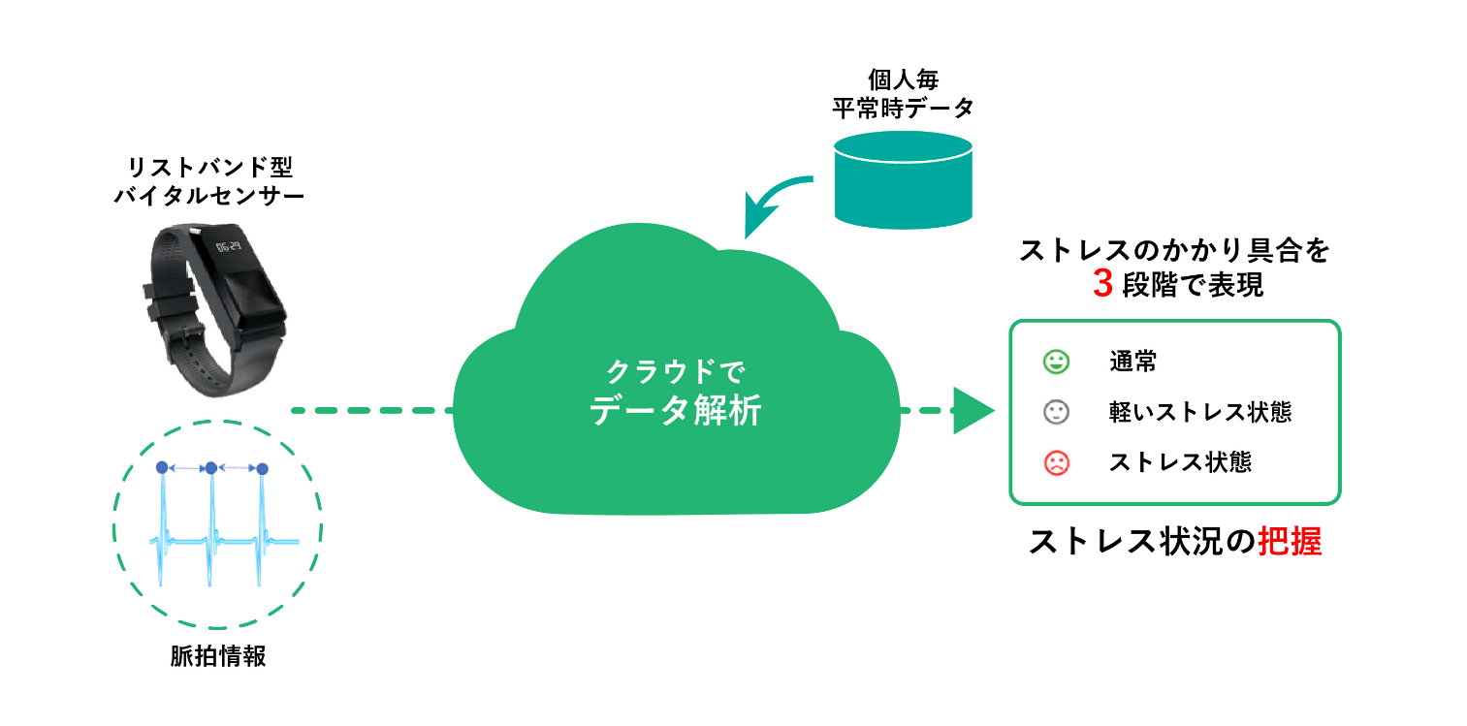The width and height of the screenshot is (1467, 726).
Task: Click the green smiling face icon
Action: [1056, 363]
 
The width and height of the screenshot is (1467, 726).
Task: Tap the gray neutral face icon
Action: [1056, 413]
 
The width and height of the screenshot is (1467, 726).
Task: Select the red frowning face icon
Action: [1056, 462]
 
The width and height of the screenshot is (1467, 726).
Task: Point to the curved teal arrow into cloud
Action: [772, 204]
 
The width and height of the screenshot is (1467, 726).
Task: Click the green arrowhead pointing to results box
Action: [973, 411]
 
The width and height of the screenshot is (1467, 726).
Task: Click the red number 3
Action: [1101, 285]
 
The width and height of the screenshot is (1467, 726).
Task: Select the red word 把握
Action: [1290, 542]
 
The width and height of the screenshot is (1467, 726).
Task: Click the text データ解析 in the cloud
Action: [675, 413]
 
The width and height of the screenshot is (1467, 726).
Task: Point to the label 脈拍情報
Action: [217, 657]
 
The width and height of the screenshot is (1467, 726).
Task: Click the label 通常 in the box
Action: [1132, 363]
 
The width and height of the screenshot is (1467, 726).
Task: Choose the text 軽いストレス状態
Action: [1200, 413]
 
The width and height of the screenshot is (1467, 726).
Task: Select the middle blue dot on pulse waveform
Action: [210, 468]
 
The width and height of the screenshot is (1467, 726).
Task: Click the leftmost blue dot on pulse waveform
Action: [162, 467]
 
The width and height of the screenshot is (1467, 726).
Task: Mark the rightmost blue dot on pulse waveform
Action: [261, 468]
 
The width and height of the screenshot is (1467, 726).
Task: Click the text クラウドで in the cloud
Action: [675, 371]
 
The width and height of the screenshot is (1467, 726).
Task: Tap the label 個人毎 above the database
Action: [903, 79]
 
